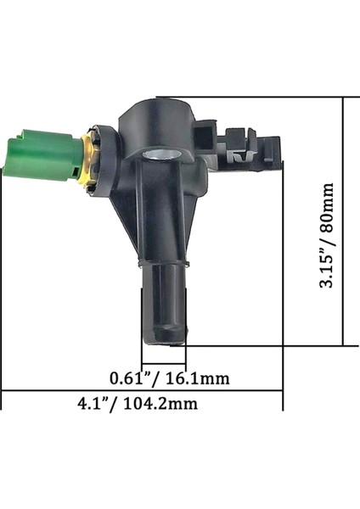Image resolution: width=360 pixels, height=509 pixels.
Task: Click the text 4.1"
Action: click(x=94, y=404)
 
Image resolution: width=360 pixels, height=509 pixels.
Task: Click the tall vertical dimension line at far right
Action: click(x=342, y=221)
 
